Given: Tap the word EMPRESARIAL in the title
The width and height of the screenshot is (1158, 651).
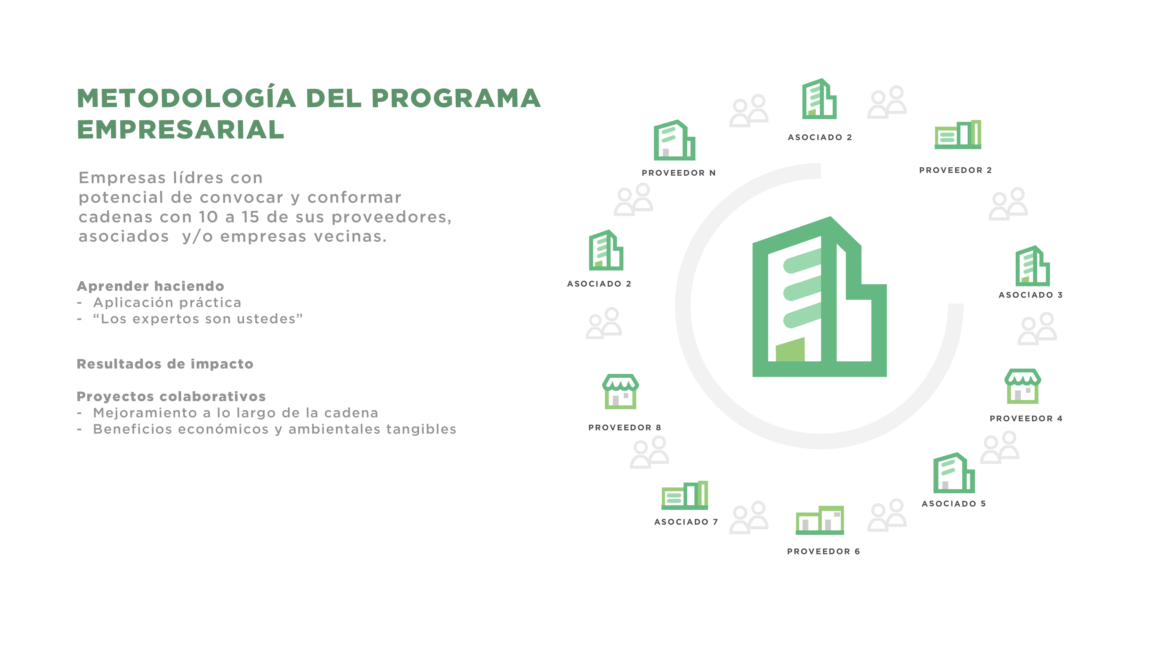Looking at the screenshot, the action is click(x=181, y=129).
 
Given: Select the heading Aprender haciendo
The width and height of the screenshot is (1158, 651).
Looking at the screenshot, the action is click(x=150, y=286).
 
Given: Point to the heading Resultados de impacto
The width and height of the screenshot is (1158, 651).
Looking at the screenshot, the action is click(x=165, y=364).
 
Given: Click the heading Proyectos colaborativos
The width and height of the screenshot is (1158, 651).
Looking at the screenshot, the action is click(x=171, y=397).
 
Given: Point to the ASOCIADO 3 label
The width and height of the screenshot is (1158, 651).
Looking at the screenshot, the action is click(x=1031, y=295).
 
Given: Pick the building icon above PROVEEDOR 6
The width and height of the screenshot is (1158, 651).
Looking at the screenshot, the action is click(x=820, y=520).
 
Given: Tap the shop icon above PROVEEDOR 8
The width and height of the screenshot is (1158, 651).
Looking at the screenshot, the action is click(x=620, y=391).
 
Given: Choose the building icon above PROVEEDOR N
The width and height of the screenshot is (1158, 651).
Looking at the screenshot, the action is click(x=674, y=140).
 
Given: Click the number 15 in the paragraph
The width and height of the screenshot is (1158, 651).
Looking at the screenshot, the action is click(x=250, y=217).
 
